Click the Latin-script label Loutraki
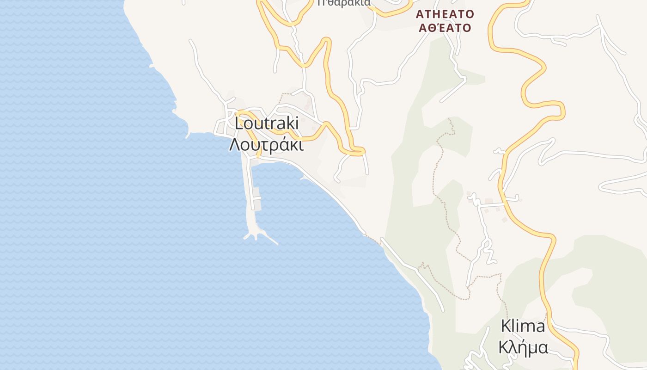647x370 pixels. click(267, 123)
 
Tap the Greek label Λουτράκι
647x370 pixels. click(267, 145)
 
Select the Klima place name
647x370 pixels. click(523, 327)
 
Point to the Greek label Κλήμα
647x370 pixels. click(523, 347)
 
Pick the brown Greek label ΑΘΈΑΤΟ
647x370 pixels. click(445, 28)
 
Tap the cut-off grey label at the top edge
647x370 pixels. click(344, 3)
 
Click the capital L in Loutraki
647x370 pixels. click(239, 123)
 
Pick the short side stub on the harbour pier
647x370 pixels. click(257, 198)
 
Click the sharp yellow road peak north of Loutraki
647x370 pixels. click(327, 40)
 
